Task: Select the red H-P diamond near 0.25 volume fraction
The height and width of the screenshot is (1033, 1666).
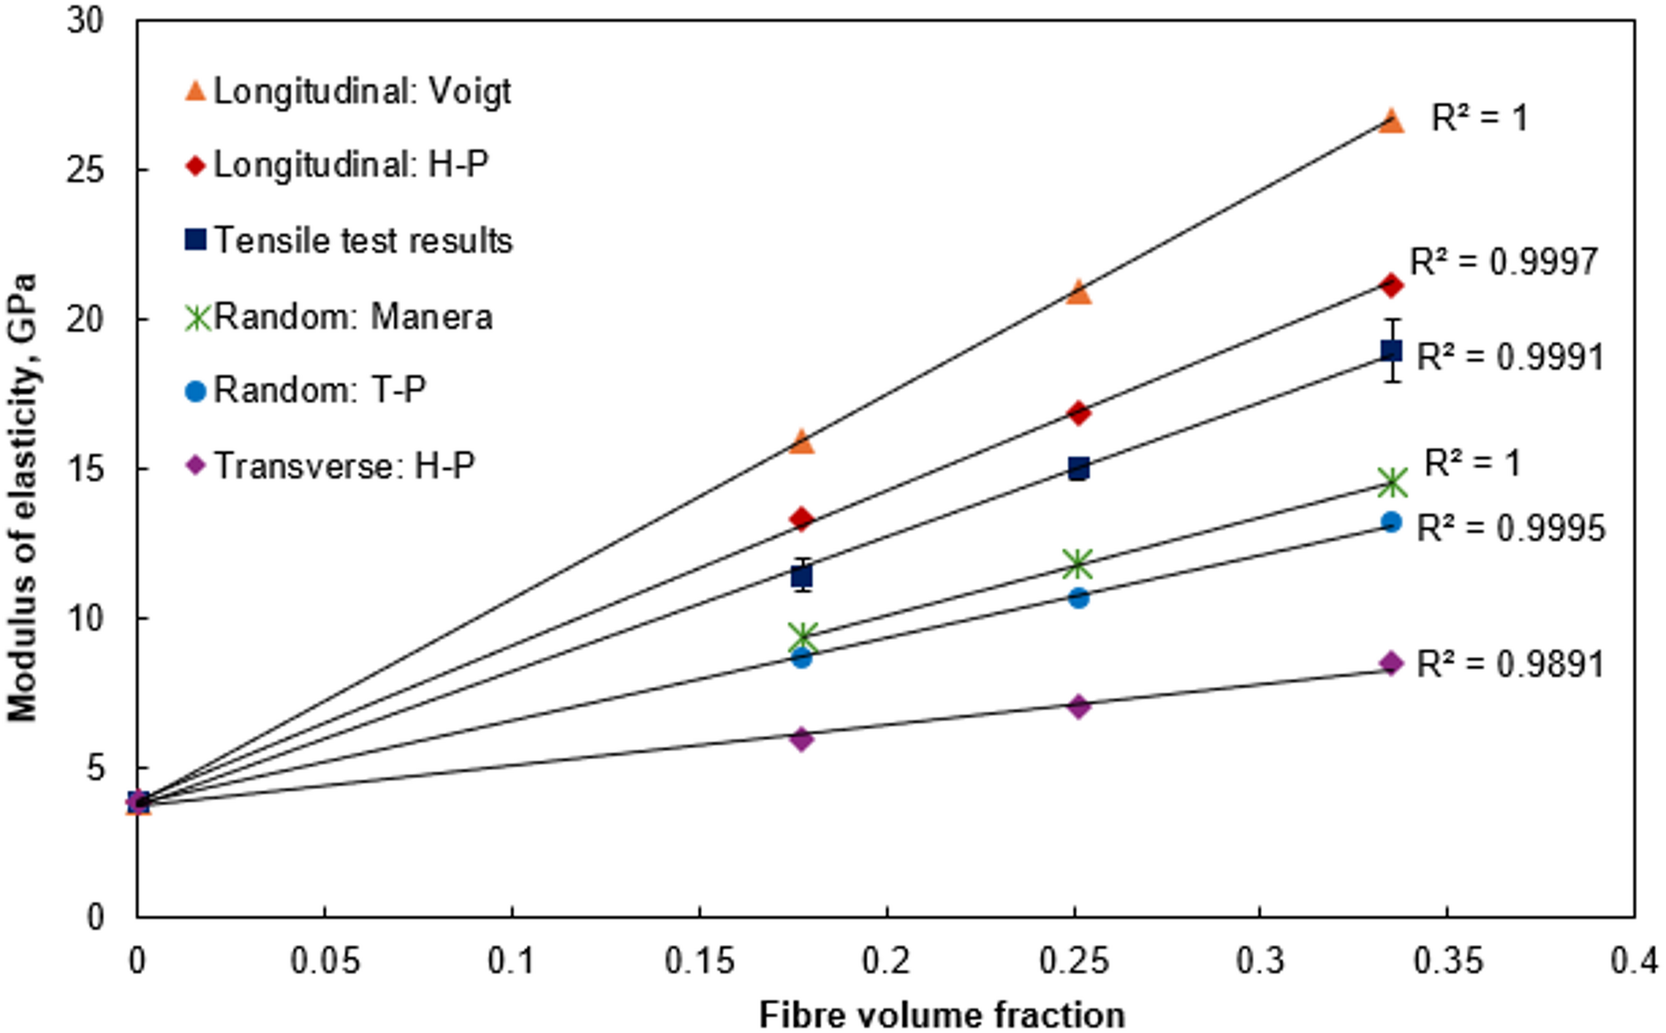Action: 1078,412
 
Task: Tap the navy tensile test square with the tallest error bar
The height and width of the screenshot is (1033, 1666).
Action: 1391,351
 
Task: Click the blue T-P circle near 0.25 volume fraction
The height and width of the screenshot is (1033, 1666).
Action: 1078,597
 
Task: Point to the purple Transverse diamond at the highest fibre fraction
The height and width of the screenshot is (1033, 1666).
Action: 1391,663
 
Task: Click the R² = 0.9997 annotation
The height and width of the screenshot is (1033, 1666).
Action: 1503,262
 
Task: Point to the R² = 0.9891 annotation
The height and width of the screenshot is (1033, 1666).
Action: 1510,664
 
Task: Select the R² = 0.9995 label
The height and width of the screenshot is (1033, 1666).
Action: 1510,528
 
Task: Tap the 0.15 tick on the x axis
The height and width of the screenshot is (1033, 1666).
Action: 699,961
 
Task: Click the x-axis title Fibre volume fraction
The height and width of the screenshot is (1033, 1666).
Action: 942,1014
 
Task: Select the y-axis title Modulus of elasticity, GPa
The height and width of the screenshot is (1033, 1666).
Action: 23,498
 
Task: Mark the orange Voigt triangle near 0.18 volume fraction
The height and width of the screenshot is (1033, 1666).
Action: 801,441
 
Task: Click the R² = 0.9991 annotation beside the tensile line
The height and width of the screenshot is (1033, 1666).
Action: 1510,357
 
